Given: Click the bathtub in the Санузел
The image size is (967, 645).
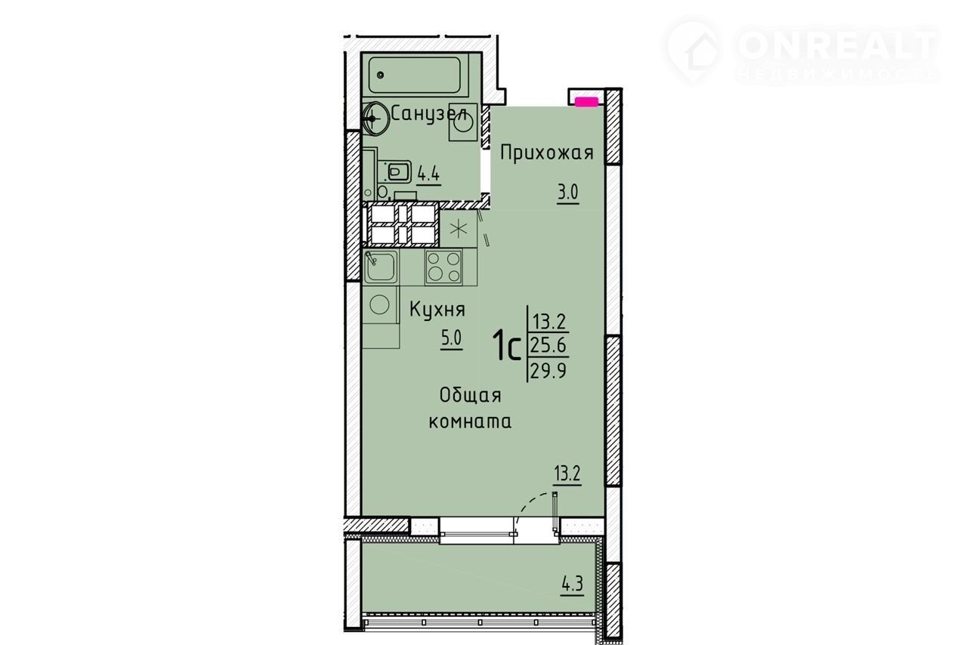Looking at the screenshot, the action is [x=415, y=76].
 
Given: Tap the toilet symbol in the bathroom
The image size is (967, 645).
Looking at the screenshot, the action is [x=397, y=173].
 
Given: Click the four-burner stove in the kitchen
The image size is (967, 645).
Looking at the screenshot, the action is [x=443, y=267].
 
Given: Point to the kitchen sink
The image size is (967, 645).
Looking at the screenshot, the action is [x=380, y=267].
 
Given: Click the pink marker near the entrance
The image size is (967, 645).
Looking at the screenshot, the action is [x=587, y=102].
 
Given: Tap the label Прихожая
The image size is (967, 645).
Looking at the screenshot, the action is [x=547, y=153].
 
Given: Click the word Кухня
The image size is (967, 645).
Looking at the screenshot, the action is [x=437, y=310].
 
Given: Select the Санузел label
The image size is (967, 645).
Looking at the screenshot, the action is [x=429, y=113].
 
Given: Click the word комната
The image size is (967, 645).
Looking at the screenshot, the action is [x=470, y=421].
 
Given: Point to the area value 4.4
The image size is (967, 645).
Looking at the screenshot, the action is [x=126, y=174].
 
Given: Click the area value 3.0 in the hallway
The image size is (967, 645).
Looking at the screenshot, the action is [x=567, y=193].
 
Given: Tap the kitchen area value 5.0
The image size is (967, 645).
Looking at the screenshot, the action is [x=451, y=338].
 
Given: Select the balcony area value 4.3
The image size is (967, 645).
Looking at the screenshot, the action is [x=573, y=585].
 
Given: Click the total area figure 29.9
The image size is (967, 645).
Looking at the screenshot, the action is [x=548, y=370].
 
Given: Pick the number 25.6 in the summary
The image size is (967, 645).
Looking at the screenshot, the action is [x=549, y=345].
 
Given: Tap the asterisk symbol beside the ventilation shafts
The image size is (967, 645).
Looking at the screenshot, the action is [x=459, y=229].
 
